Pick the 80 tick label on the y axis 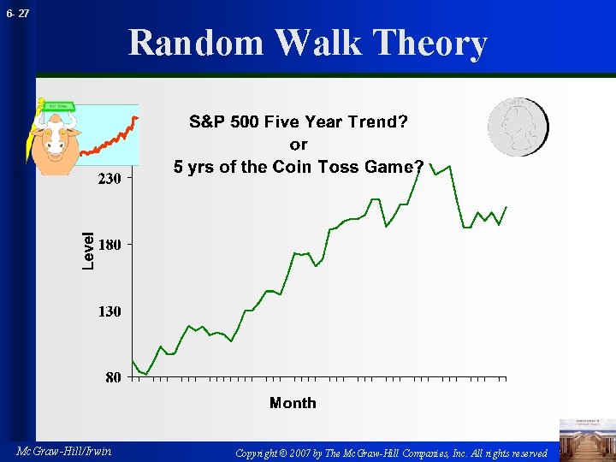(112, 377)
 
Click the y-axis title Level (88, 252)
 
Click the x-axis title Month (293, 403)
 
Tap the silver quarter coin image (518, 127)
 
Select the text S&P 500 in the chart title (224, 121)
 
